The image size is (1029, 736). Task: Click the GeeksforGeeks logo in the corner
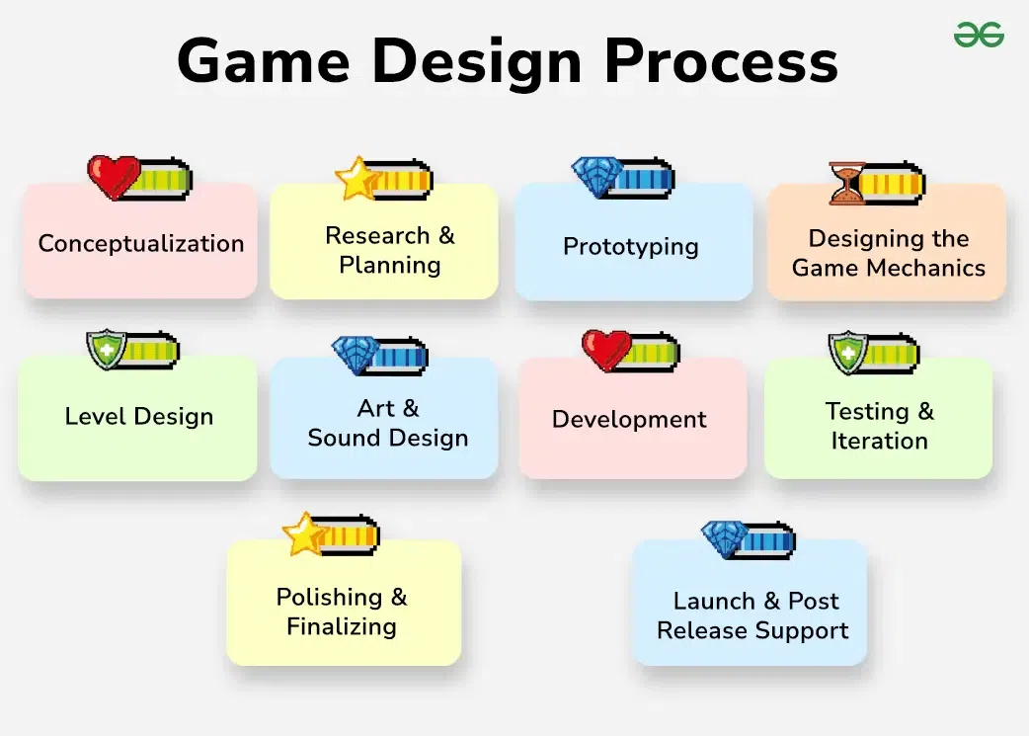978,35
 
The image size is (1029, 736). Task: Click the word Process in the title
721,61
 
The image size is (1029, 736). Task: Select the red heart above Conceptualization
114,178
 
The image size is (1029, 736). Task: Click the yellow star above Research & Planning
357,178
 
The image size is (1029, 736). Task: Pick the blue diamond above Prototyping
597,177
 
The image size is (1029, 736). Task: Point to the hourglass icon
847,184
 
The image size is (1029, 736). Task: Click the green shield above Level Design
107,350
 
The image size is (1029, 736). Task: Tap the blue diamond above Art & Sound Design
356,355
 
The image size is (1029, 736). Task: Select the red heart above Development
605,351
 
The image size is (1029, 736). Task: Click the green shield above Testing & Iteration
847,353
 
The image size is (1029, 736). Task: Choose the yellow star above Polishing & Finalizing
305,534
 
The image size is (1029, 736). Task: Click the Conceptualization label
140,244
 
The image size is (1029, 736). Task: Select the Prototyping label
630,247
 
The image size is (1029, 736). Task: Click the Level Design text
138,417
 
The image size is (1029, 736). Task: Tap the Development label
629,420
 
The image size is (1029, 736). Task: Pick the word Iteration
879,441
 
